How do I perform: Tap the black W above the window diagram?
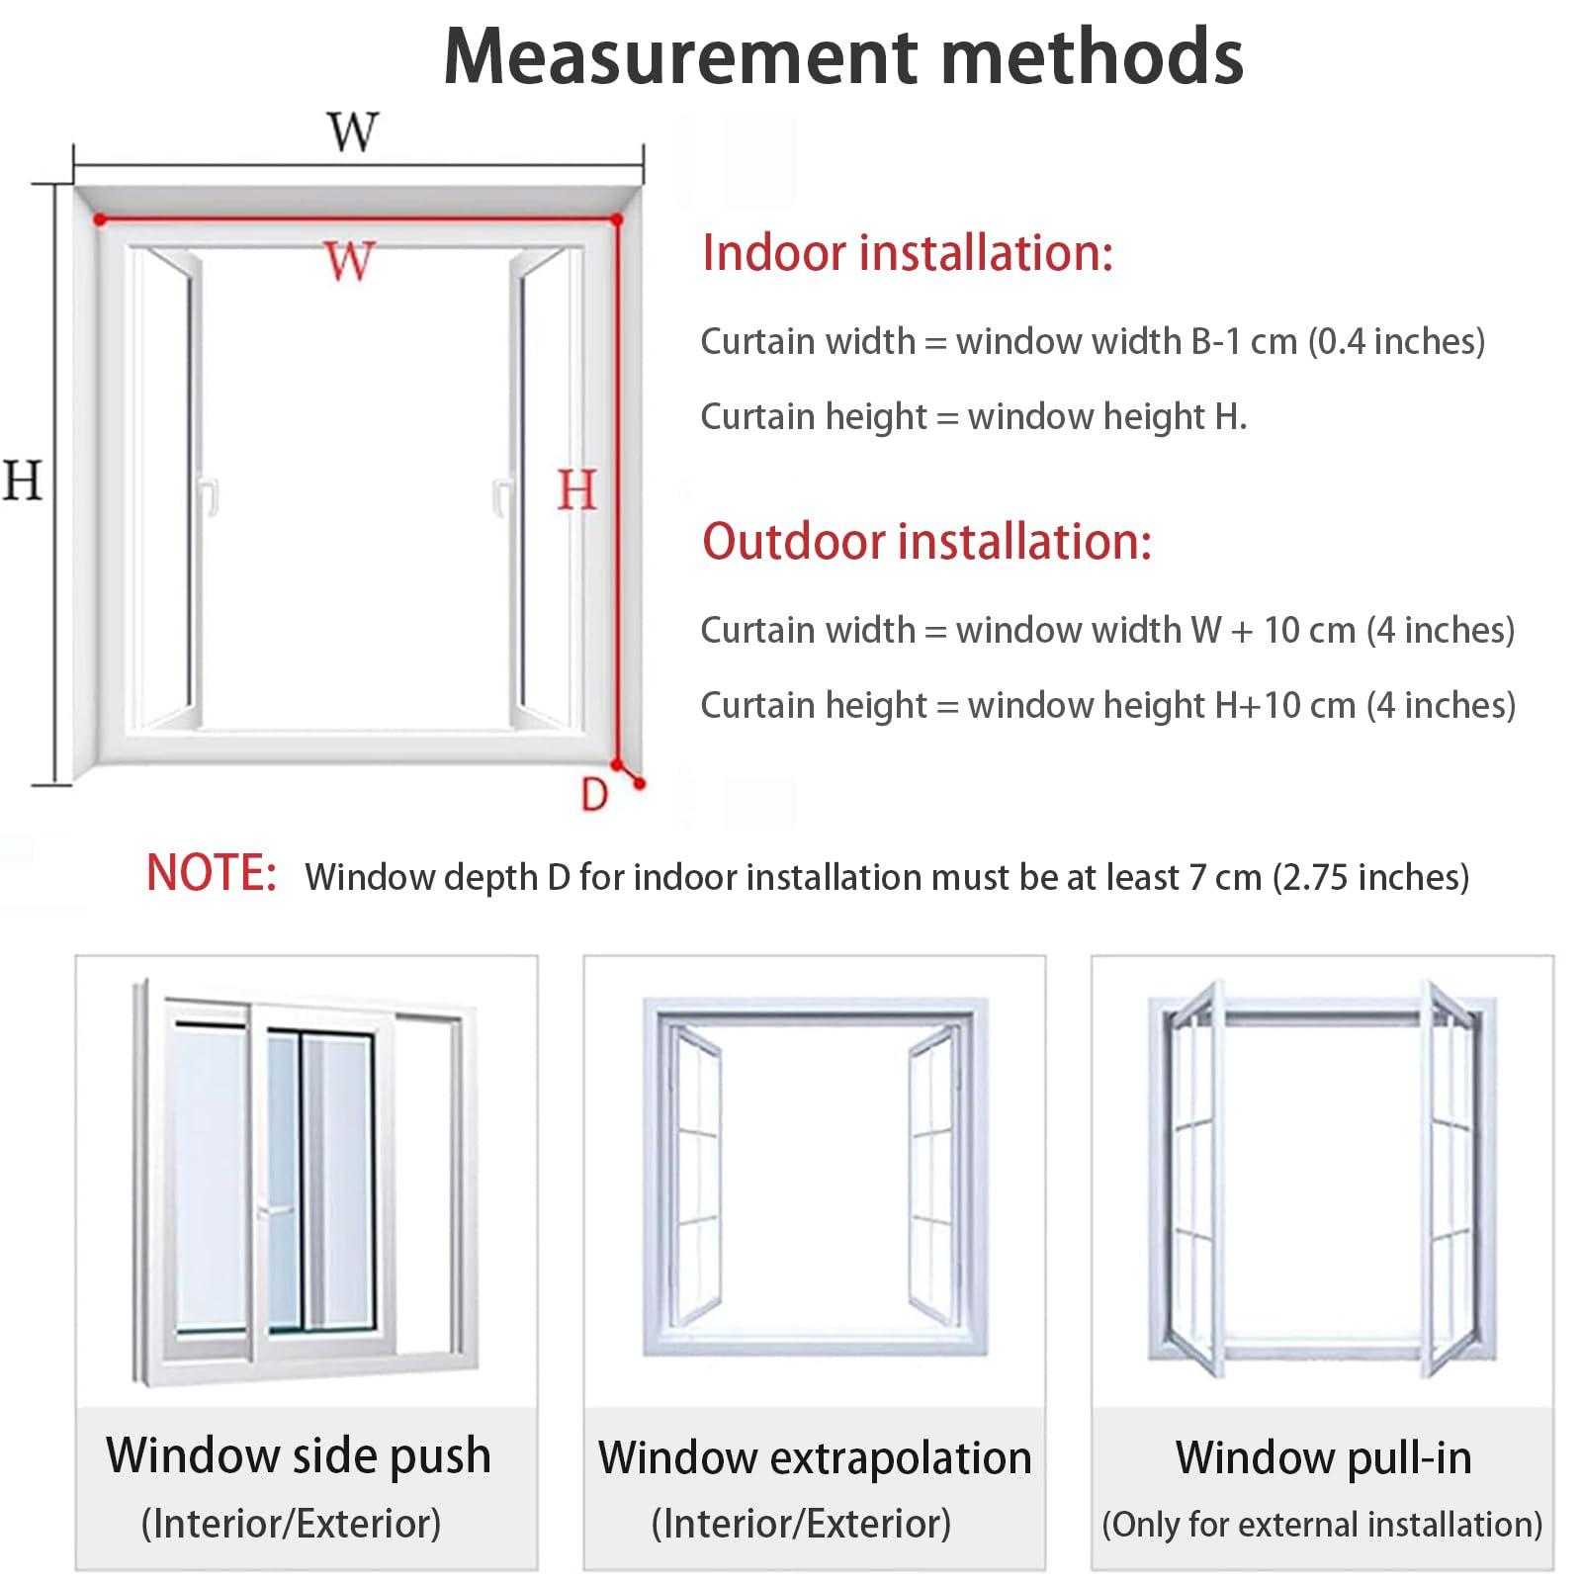pos(353,132)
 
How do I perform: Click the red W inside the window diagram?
pos(349,261)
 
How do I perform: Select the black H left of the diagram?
pos(22,481)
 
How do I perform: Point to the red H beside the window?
pos(577,490)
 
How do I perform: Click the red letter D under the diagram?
pos(594,794)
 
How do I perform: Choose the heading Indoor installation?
pos(908,252)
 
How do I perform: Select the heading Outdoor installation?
pos(927,542)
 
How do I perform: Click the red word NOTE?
pos(212,874)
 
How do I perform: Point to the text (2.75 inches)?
pos(1370,877)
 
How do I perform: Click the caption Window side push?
pos(299,1455)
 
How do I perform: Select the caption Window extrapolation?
pos(815,1457)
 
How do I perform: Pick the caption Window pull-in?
pos(1323,1457)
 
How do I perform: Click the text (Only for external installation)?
pos(1322,1525)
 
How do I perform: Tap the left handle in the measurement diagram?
pos(208,495)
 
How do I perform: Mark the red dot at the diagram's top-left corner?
pos(100,220)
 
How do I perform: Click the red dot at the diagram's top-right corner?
pos(617,220)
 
